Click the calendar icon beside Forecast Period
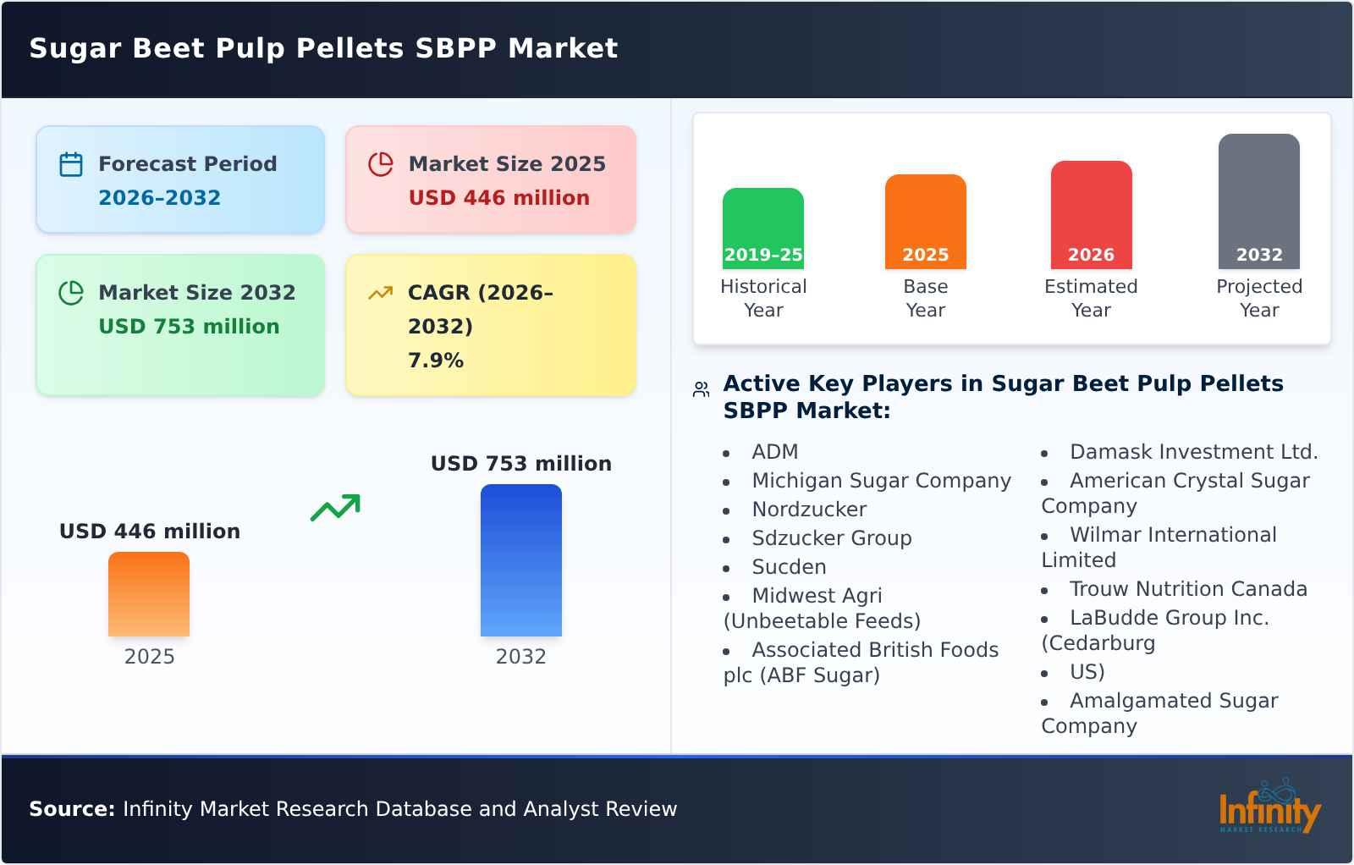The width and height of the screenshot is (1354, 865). point(71,164)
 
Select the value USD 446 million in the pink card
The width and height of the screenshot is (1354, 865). point(498,198)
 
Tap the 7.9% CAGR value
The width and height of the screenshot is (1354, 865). point(435,361)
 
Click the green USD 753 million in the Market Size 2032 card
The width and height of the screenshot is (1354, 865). point(189,327)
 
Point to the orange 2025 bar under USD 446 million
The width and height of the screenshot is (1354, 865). point(149,594)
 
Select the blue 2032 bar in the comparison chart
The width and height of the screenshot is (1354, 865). point(520,560)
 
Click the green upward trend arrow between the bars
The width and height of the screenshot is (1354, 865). point(335,508)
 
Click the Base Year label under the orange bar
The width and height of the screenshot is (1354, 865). point(925,298)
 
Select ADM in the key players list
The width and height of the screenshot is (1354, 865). point(774,452)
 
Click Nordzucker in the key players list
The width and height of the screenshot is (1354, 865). point(809,510)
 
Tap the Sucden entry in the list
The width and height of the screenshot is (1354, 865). point(789,567)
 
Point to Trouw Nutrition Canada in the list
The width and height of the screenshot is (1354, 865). point(1187,589)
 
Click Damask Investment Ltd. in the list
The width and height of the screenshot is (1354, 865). point(1193,452)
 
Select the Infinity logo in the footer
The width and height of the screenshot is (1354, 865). point(1269,808)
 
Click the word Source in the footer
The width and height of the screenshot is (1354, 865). point(71,809)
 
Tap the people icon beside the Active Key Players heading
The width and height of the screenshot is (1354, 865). point(701,389)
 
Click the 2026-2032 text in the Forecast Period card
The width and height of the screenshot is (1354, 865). point(159,198)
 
